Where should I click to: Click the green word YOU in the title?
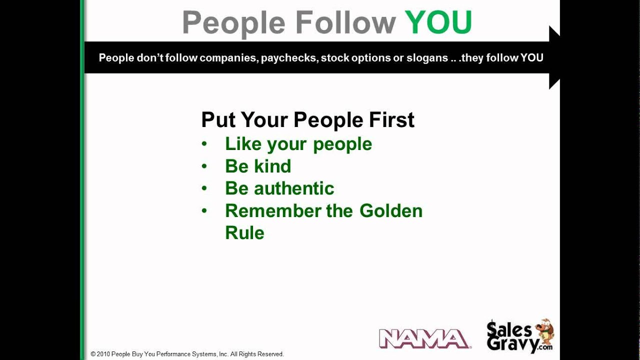(x=438, y=22)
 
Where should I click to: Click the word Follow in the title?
(x=345, y=22)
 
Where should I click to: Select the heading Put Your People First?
(x=307, y=120)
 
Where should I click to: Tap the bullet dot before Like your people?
(x=204, y=144)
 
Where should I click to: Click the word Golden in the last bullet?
(x=391, y=210)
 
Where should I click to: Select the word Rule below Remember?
(x=244, y=232)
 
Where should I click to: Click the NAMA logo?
(x=424, y=338)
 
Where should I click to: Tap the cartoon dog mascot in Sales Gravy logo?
(x=544, y=332)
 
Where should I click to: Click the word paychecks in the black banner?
(x=289, y=58)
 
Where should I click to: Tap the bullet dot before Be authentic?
(x=204, y=188)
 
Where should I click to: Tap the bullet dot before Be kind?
(x=204, y=166)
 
